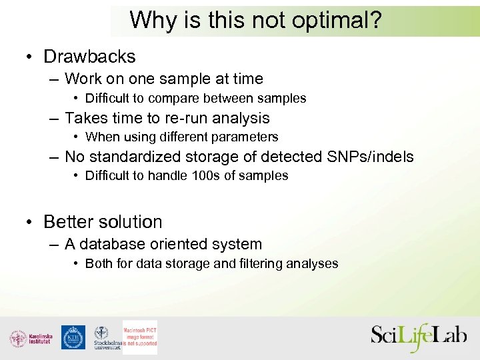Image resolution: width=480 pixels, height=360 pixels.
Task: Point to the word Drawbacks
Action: tap(89, 57)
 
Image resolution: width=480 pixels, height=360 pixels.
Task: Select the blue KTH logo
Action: tap(73, 337)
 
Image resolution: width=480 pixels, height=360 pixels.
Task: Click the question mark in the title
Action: tap(375, 21)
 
